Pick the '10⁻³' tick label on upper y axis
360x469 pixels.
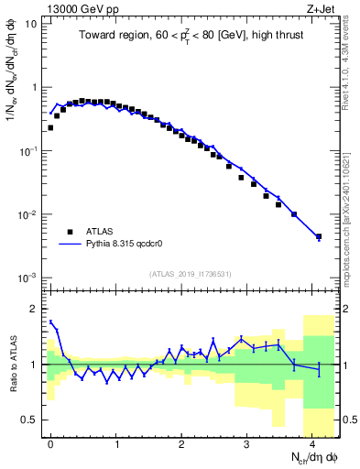[29, 278]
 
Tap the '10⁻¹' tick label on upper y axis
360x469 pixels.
[29, 151]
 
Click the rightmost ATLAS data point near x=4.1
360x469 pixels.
[319, 237]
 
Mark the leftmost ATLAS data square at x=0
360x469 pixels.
[50, 128]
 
